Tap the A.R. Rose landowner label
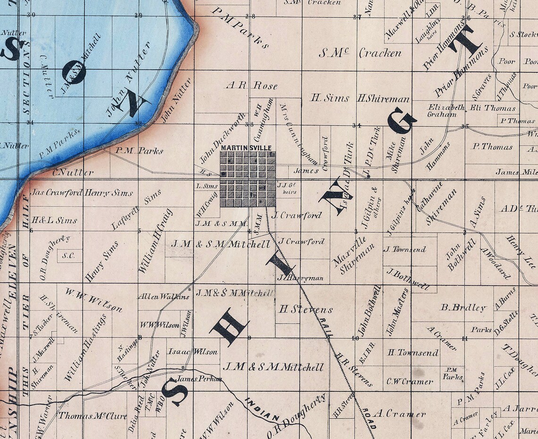click(251, 86)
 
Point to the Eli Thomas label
click(486, 108)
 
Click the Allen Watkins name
click(163, 297)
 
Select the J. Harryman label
click(301, 278)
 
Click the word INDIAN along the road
click(261, 410)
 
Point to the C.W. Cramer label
click(410, 381)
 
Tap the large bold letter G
click(402, 120)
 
